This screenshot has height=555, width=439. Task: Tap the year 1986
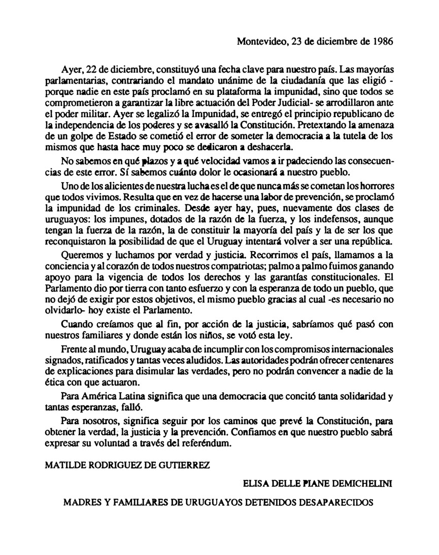pyautogui.click(x=382, y=43)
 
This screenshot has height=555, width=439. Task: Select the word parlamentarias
pyautogui.click(x=73, y=80)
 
